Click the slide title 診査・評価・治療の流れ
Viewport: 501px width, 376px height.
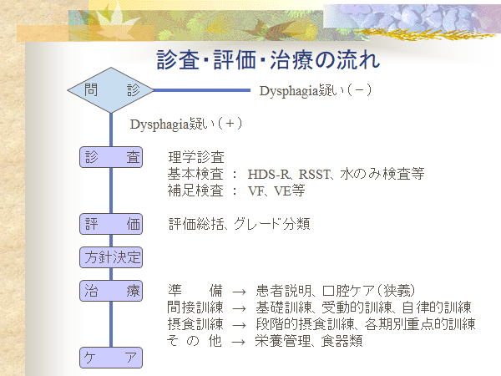coord(268,59)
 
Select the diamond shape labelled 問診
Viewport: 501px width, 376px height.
coord(112,89)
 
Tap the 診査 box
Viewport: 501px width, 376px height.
coord(112,157)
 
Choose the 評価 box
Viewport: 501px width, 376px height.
coord(112,224)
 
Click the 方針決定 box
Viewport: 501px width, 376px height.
coord(112,257)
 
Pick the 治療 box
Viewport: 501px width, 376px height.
coord(112,291)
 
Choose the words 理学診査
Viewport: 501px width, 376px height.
coord(195,157)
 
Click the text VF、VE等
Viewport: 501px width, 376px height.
coord(276,191)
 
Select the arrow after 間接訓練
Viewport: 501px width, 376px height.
coord(239,307)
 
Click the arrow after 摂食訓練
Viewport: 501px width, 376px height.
coord(239,324)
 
